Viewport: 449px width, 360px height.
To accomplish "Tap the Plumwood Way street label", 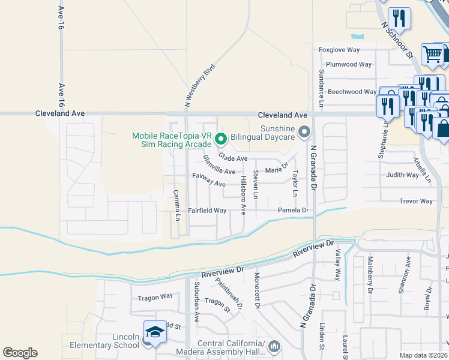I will click(x=348, y=64).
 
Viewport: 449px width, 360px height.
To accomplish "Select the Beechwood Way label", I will click(x=352, y=92).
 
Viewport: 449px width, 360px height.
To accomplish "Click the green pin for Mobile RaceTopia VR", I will click(x=220, y=140).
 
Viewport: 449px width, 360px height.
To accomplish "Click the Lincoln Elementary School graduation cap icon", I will click(x=154, y=332).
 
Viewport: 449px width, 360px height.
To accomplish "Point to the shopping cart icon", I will click(x=432, y=55).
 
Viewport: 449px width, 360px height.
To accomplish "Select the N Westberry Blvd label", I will click(x=199, y=86).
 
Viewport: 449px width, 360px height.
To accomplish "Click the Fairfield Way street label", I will click(x=207, y=211).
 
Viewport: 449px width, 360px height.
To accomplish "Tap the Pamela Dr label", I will click(x=292, y=210).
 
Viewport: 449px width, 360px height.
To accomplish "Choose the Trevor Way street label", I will click(x=416, y=201).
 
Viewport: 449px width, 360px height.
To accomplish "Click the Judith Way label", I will click(x=403, y=175).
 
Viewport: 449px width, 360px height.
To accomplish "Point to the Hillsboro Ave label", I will click(x=243, y=195).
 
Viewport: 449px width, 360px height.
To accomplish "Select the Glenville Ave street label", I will click(x=218, y=164).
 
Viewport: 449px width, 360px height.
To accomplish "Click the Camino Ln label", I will click(x=176, y=205).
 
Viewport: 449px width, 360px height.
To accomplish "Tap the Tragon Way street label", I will click(x=155, y=296).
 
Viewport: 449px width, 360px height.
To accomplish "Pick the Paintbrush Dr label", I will click(x=229, y=295).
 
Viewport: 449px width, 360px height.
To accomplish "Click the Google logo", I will click(x=20, y=353).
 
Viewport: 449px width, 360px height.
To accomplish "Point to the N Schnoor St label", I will click(x=398, y=40).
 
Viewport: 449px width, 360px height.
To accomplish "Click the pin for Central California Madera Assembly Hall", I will click(x=274, y=346).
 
